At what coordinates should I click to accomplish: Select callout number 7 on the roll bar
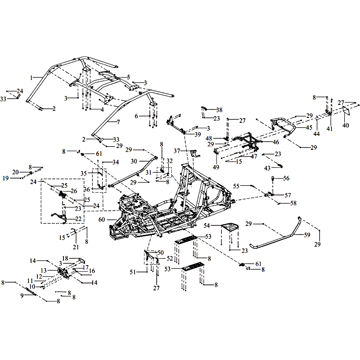coord(118,122)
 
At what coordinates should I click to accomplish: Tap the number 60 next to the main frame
coord(102,219)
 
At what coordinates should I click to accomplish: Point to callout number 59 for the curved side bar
coord(307,234)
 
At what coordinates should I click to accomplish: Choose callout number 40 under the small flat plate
coord(346,125)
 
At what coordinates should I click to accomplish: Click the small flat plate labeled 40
coord(346,111)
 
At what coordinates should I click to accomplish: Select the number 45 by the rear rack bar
coord(309,127)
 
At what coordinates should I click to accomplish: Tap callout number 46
coord(276,142)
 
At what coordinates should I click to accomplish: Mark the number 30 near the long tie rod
coord(134,161)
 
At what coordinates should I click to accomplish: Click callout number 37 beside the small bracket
coord(177,150)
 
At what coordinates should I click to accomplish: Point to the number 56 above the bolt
coord(286,178)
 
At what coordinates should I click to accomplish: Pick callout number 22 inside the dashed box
coord(78,219)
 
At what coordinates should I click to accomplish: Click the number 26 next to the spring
coord(74,191)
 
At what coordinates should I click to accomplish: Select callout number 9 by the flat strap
coord(22,295)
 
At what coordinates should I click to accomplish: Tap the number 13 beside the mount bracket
coord(44,270)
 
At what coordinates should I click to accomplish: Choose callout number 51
coord(132,272)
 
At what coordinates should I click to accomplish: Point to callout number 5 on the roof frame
coord(128,77)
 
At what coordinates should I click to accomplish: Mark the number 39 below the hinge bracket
coord(198,135)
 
